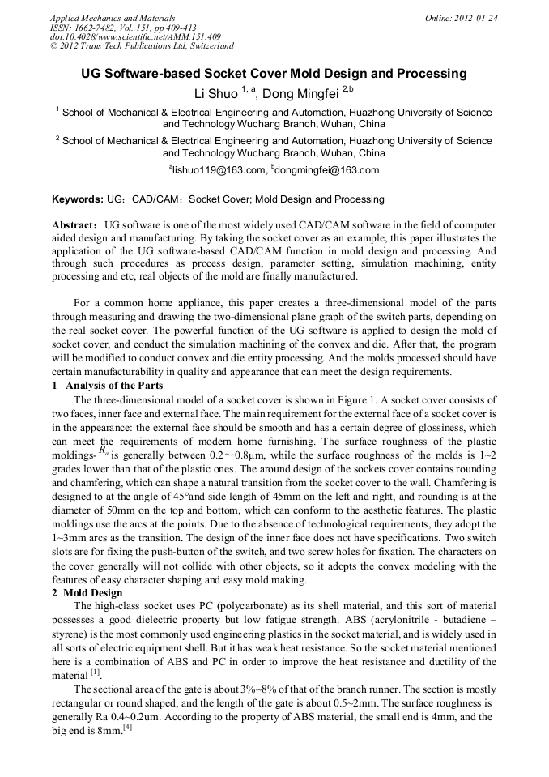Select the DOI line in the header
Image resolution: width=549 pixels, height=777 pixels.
pos(135,36)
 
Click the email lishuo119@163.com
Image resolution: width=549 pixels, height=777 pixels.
pos(219,170)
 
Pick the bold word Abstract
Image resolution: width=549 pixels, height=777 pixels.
pos(74,224)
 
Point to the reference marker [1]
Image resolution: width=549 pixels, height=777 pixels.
pos(95,672)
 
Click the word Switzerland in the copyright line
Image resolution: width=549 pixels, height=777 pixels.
pos(202,46)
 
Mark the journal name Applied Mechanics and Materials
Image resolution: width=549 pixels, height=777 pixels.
pos(112,17)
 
